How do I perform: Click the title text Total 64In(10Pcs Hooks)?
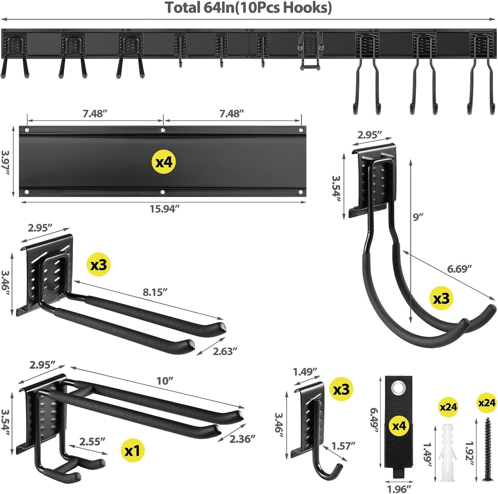pos(248,8)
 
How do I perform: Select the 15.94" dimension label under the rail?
pos(164,209)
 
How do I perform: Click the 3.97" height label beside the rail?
pos(6,162)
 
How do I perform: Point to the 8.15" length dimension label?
pos(155,292)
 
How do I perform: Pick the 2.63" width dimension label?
pos(225,351)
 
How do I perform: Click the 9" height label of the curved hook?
pos(418,217)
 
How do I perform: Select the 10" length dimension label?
pos(165,381)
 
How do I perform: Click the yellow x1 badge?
pos(133,451)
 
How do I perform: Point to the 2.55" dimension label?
pos(92,442)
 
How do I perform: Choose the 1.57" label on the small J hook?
pos(343,446)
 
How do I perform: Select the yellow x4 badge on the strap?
pos(399,426)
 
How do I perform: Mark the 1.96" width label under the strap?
pos(399,489)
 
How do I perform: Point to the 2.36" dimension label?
pos(242,439)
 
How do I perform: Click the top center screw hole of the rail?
pos(163,130)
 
